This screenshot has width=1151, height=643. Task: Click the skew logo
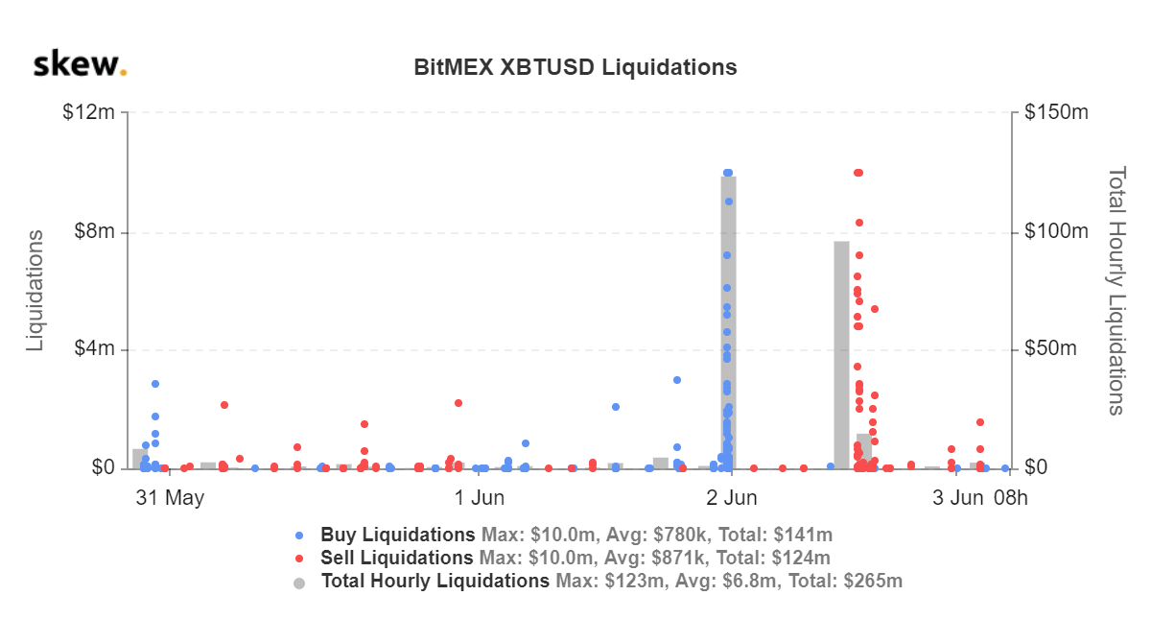(80, 66)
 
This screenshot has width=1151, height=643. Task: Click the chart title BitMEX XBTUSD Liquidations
(575, 67)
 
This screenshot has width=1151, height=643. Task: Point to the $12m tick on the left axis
(88, 112)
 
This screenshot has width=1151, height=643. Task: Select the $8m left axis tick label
(94, 231)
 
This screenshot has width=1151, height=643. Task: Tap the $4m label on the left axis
(94, 349)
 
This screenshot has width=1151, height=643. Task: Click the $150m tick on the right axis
(1054, 112)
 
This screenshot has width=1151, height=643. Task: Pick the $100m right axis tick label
(1054, 231)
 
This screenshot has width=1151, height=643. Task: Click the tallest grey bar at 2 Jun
(729, 326)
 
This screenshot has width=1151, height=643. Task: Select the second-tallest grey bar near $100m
(841, 355)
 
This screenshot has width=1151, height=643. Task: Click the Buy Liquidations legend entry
(397, 535)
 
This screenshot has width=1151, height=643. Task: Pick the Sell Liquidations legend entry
(396, 558)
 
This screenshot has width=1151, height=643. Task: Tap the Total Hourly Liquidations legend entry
(435, 581)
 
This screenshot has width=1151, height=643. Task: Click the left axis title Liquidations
(35, 290)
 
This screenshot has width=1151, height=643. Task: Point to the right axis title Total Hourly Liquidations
(1116, 290)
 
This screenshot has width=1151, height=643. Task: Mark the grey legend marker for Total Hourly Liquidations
(300, 582)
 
